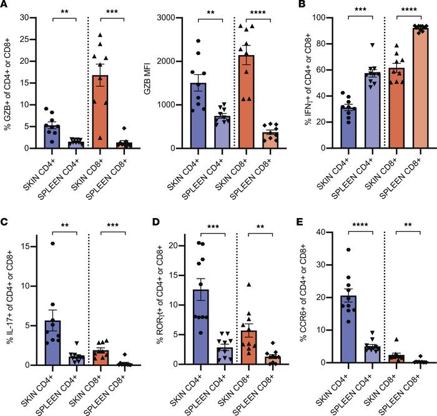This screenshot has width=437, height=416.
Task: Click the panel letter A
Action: click(4, 6)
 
